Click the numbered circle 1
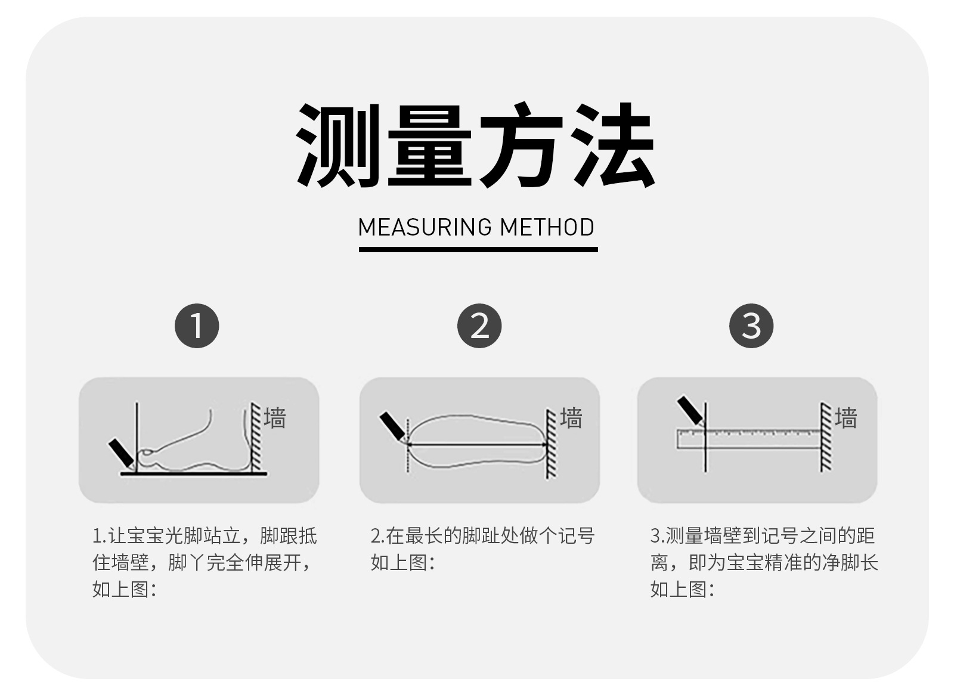[197, 326]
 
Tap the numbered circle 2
[479, 326]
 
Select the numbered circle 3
[751, 326]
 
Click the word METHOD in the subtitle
[547, 228]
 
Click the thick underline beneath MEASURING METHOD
[478, 249]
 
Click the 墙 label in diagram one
[275, 418]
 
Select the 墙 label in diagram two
[571, 418]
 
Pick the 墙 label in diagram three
[845, 418]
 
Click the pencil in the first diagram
[122, 453]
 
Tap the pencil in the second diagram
[392, 426]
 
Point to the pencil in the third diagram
[690, 411]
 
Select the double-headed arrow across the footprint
[477, 444]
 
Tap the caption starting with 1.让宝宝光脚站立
[204, 562]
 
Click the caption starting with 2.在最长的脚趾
[482, 549]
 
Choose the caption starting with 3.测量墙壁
[763, 562]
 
